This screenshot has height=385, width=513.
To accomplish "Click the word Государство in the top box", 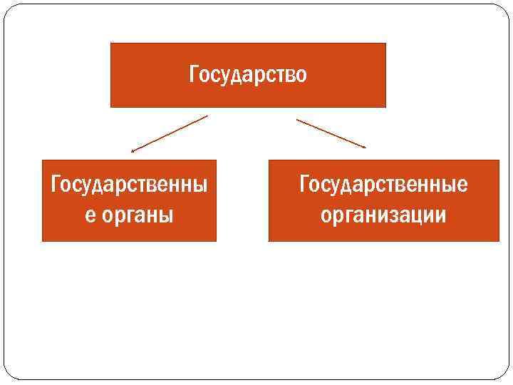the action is pyautogui.click(x=248, y=75).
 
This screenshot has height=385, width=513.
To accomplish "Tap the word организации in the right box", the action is pyautogui.click(x=383, y=215).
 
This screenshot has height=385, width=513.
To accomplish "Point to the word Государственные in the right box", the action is pyautogui.click(x=383, y=185).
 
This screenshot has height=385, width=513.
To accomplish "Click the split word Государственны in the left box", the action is pyautogui.click(x=129, y=185).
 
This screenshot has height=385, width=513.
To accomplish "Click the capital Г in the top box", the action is pyautogui.click(x=194, y=74).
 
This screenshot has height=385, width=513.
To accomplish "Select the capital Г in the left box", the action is pyautogui.click(x=55, y=185).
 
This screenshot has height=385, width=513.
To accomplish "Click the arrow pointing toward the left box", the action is pyautogui.click(x=170, y=133).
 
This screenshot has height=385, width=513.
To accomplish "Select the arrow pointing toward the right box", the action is pyautogui.click(x=331, y=133).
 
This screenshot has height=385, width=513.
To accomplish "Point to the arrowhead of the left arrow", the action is pyautogui.click(x=133, y=151).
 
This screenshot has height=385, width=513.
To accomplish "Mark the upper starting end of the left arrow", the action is pyautogui.click(x=207, y=115).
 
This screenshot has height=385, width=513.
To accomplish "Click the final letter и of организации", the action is pyautogui.click(x=442, y=215).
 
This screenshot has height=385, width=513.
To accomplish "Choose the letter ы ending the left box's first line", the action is pyautogui.click(x=202, y=186).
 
